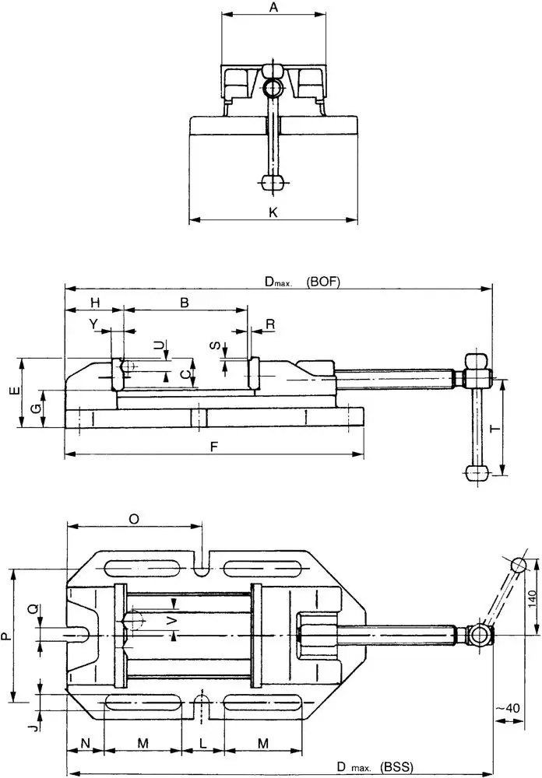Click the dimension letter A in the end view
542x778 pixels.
(273, 7)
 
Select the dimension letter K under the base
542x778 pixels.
(273, 212)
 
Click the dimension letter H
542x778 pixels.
(94, 303)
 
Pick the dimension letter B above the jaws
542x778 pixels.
(185, 303)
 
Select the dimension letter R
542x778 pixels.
(269, 323)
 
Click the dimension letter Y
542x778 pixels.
(93, 323)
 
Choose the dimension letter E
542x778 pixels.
(15, 392)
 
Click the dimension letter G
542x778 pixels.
(34, 409)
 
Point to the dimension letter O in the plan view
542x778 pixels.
(134, 518)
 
